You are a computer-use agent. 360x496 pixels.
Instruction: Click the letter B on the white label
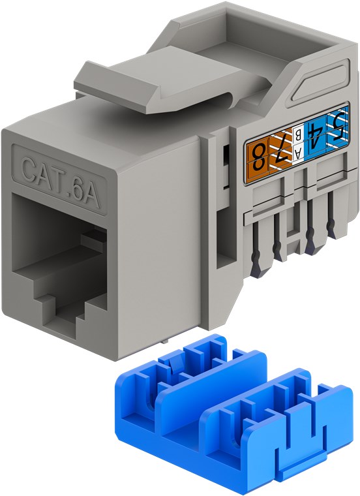pos(298,138)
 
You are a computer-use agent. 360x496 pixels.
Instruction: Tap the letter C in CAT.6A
pos(29,168)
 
